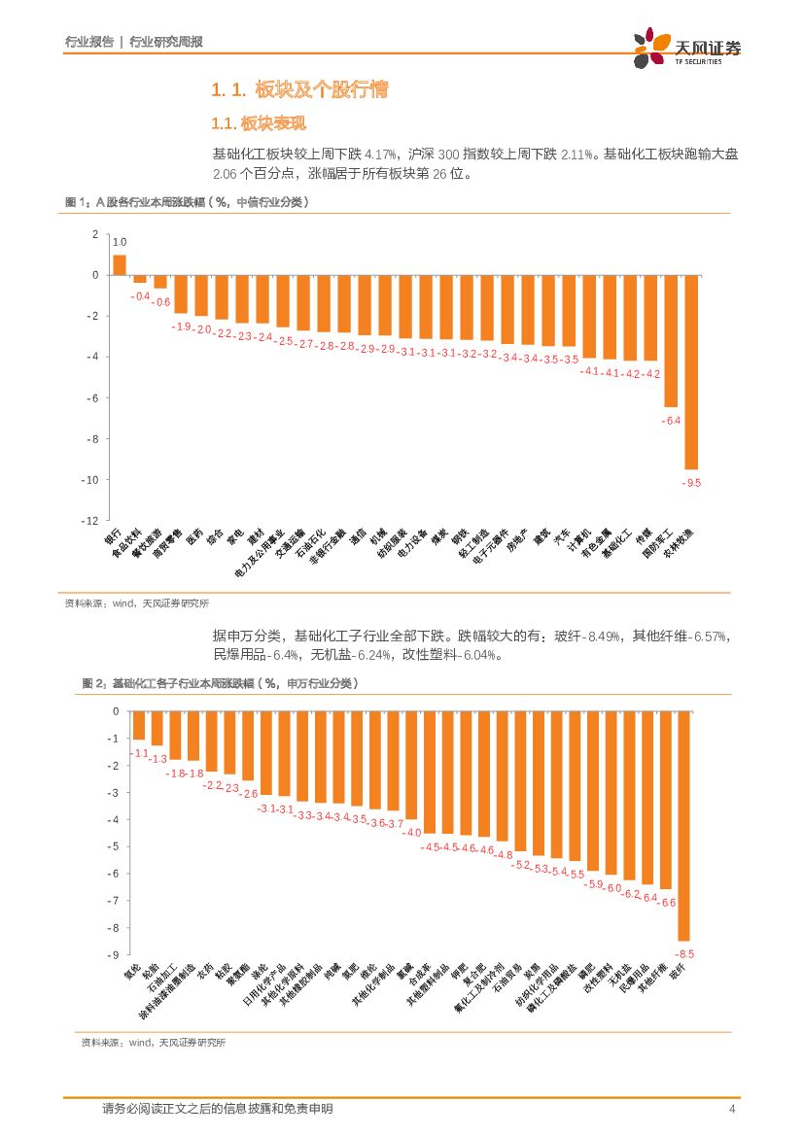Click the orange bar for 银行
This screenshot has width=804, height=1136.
[120, 264]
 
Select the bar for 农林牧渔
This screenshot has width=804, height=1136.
[691, 372]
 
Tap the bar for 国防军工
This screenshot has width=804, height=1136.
[671, 340]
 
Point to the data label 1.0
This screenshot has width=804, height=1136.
[120, 242]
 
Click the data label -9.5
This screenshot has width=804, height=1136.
[691, 483]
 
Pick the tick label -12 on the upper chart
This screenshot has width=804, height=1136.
[92, 521]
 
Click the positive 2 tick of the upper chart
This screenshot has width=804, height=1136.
[95, 234]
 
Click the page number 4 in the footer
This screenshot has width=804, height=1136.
[731, 1109]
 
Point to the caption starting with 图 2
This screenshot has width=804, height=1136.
[220, 684]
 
